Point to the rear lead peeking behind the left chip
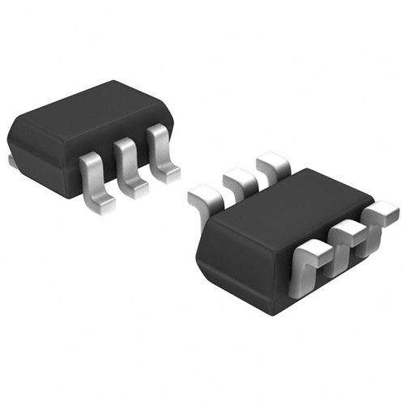tap(11, 161)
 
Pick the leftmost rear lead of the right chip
tap(207, 198)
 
